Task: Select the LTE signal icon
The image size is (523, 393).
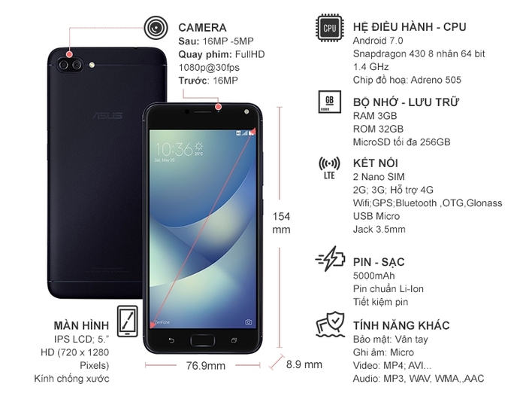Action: (328, 167)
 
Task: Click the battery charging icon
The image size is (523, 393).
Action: (330, 262)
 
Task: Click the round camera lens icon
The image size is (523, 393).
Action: (156, 28)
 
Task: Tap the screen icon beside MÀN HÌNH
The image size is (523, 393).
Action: (127, 322)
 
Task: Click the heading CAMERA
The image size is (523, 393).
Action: (202, 27)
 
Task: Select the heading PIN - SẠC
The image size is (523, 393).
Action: (379, 262)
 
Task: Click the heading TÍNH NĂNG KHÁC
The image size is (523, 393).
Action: (401, 325)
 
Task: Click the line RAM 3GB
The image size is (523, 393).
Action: (375, 116)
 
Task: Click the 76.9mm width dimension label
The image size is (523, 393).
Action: (205, 366)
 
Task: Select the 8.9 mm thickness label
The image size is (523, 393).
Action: (304, 364)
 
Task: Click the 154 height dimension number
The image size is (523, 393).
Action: (281, 216)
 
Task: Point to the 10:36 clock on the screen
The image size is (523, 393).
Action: (174, 147)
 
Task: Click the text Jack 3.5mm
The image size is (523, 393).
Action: (379, 229)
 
